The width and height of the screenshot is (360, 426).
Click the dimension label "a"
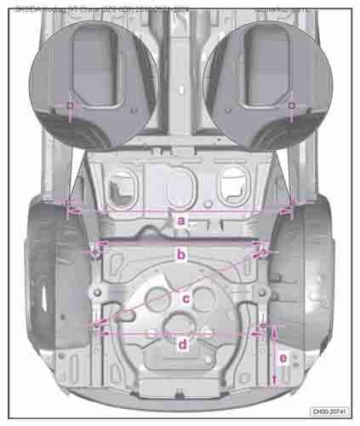[x=180, y=220]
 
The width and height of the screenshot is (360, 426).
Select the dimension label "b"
[x=180, y=253]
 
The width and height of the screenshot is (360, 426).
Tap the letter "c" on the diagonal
[x=186, y=297]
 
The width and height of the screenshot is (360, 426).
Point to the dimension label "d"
[x=182, y=343]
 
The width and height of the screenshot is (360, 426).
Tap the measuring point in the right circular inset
[x=290, y=106]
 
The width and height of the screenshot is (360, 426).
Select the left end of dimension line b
[x=94, y=249]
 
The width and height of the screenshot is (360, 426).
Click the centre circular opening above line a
[x=179, y=184]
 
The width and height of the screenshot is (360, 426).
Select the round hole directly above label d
[x=182, y=323]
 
